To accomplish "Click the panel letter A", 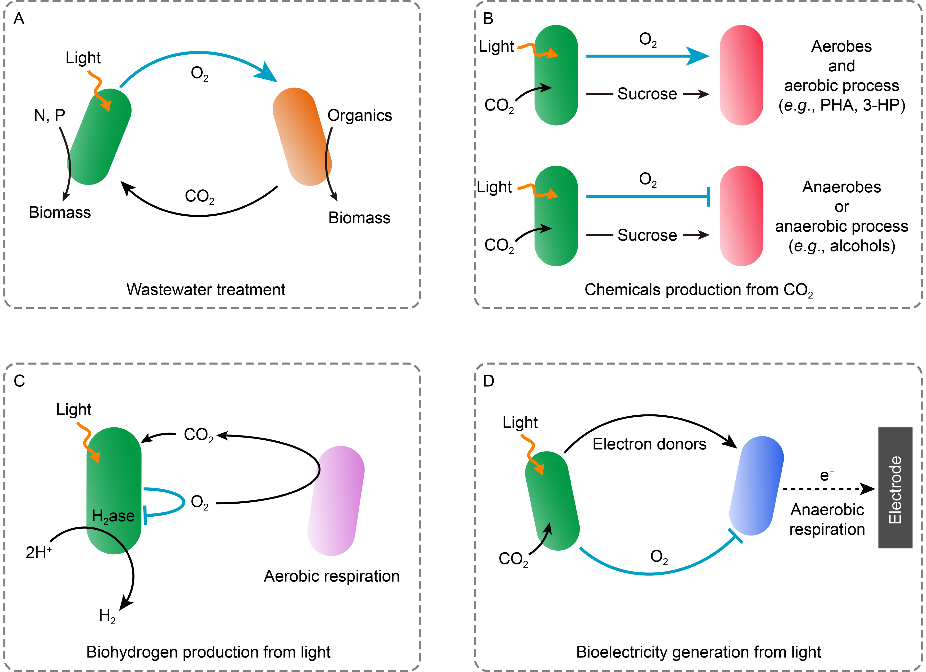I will click(x=19, y=19).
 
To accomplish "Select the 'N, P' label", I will click(x=49, y=116).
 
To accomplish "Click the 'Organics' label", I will click(x=359, y=116).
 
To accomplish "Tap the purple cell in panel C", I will click(x=336, y=500).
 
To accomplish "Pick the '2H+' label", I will click(x=38, y=552).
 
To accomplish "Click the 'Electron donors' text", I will click(x=649, y=444).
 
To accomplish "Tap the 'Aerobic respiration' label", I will click(x=331, y=576).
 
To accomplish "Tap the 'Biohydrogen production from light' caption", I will click(x=208, y=652).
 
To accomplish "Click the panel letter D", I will click(x=488, y=381).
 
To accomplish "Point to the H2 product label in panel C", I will click(x=107, y=616).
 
